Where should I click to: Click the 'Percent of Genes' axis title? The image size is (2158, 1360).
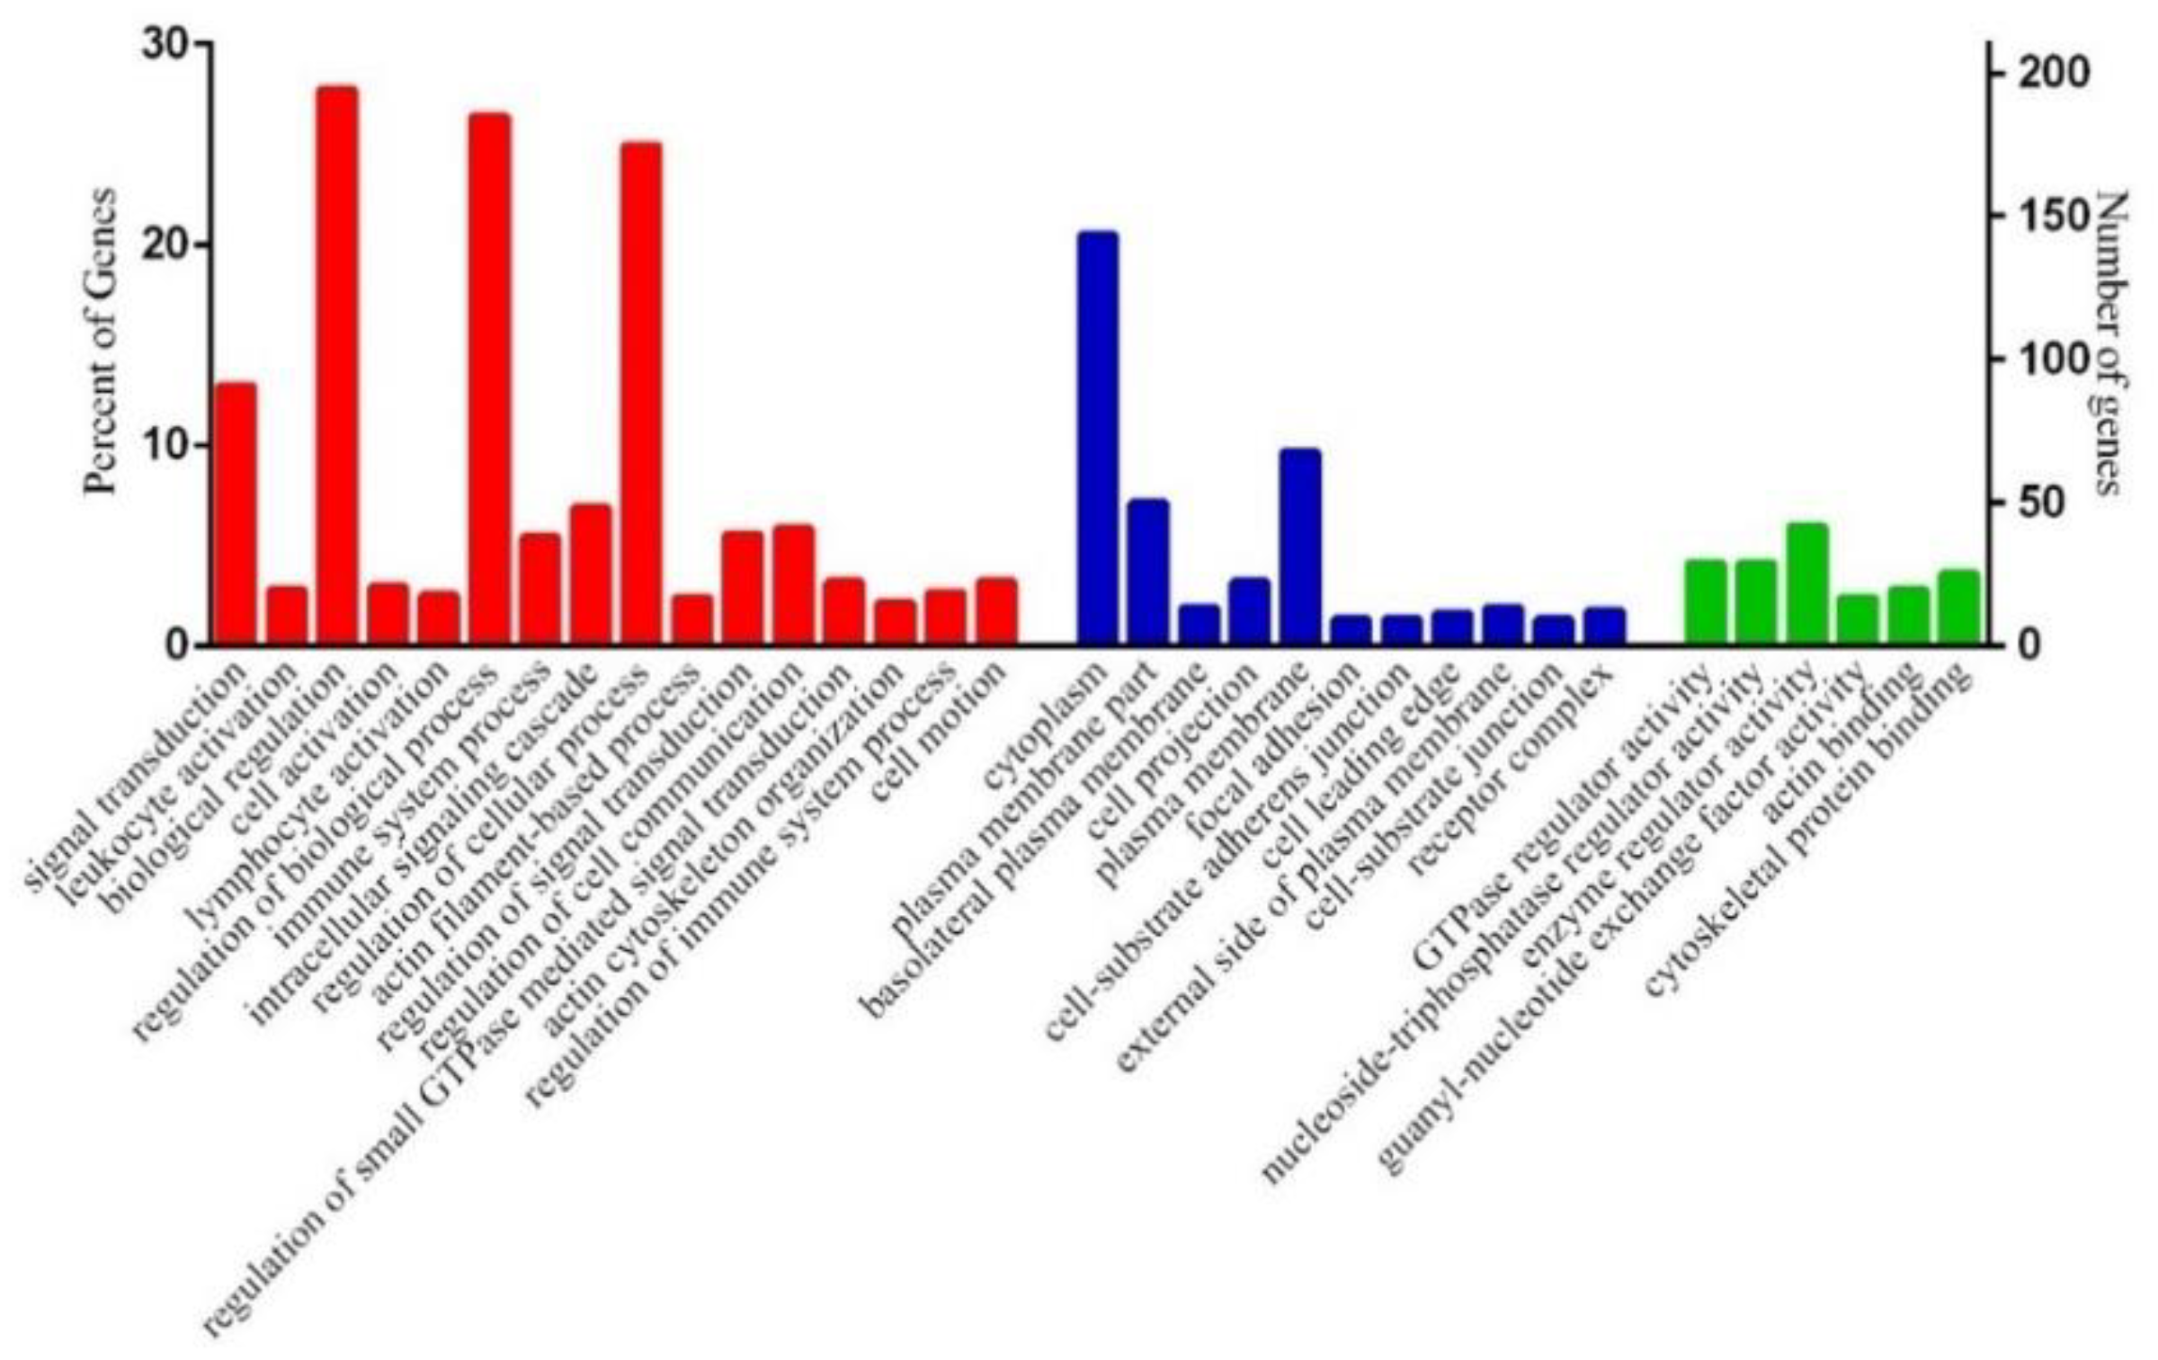pos(101,342)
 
